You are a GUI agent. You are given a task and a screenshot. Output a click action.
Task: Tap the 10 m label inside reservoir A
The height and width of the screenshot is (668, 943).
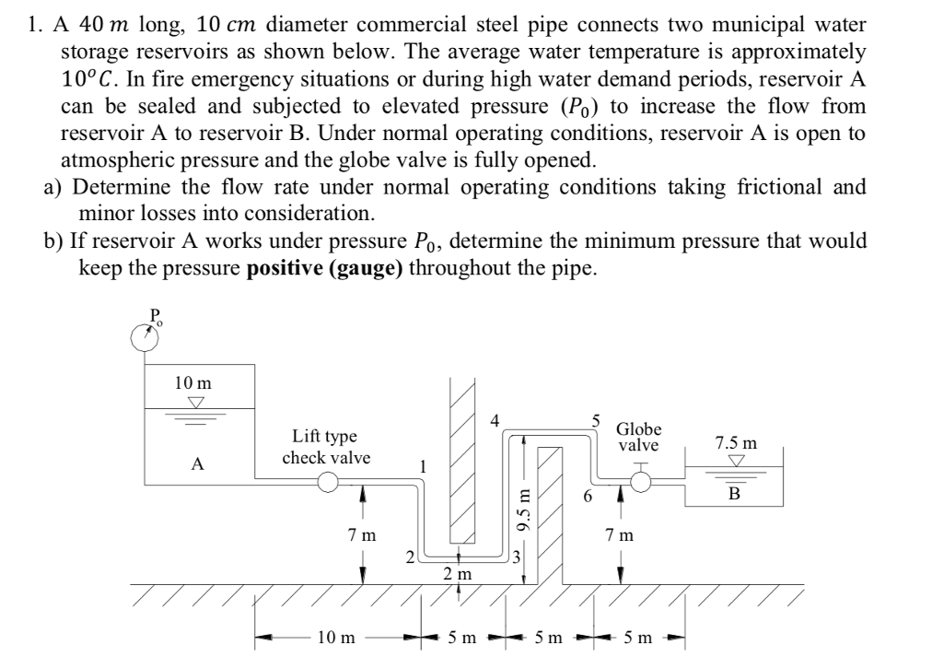(x=193, y=381)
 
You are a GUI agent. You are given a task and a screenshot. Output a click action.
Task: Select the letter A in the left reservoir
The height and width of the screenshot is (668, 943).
(x=196, y=465)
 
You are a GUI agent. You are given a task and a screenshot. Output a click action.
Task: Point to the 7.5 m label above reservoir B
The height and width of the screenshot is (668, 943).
(x=736, y=442)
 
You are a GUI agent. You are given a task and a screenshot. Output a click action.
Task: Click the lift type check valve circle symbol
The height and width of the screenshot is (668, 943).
(x=328, y=481)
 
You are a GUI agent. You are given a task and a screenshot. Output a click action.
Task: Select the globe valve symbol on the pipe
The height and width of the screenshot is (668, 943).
(x=641, y=481)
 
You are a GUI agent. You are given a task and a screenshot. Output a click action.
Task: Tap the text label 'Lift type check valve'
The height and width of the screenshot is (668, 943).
(x=326, y=447)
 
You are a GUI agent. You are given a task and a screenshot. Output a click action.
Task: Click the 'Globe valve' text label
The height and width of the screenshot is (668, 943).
(x=638, y=437)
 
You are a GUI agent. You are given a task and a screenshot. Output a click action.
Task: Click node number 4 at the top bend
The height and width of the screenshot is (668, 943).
(x=496, y=419)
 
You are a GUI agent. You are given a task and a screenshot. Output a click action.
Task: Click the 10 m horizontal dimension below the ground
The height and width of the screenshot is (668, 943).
(x=334, y=637)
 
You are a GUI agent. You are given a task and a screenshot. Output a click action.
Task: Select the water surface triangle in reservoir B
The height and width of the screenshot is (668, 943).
(x=734, y=461)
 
